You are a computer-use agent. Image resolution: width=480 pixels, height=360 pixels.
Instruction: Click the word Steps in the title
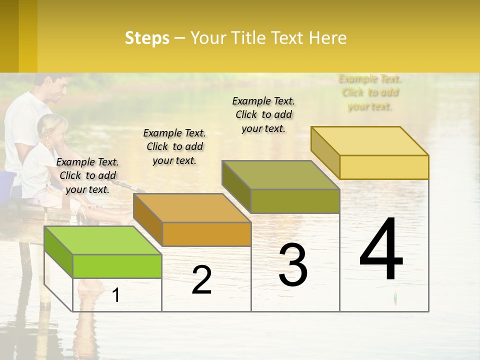pyautogui.click(x=147, y=38)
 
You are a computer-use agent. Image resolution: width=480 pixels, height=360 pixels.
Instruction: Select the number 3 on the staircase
pyautogui.click(x=293, y=265)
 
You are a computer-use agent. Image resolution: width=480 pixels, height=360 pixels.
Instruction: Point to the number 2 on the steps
pyautogui.click(x=201, y=280)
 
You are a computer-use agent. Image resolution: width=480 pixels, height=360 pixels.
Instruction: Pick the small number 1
pyautogui.click(x=116, y=295)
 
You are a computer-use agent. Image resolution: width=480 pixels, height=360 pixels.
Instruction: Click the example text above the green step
pyautogui.click(x=87, y=175)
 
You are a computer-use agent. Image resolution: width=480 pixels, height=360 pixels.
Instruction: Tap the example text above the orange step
pyautogui.click(x=174, y=146)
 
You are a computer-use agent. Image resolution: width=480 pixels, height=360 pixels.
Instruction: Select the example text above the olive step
pyautogui.click(x=263, y=114)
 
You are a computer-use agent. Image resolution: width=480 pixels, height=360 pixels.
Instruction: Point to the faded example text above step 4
pyautogui.click(x=370, y=92)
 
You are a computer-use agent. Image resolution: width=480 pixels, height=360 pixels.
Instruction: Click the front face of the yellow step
pyautogui.click(x=384, y=167)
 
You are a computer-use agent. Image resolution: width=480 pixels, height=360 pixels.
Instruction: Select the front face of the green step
pyautogui.click(x=117, y=266)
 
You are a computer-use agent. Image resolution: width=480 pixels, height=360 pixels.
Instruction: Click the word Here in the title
pyautogui.click(x=327, y=38)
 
